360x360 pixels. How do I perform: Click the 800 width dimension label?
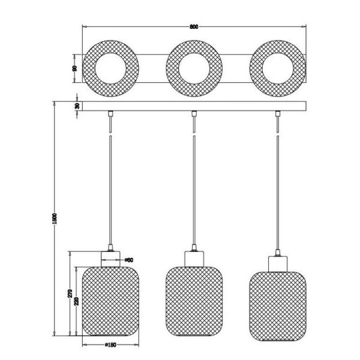pos(194,26)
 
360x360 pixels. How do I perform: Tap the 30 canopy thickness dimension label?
pos(77,106)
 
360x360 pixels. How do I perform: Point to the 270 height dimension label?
pos(70,293)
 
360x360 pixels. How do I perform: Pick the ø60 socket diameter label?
pos(127,260)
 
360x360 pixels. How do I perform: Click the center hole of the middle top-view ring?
pos(194,68)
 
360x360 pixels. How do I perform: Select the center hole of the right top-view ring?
pos(277,68)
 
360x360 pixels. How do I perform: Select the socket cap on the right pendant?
pos(277,262)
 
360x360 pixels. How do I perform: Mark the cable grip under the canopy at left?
pos(110,114)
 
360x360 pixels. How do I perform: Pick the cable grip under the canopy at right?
pos(277,114)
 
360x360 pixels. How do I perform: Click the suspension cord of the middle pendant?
pos(194,186)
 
